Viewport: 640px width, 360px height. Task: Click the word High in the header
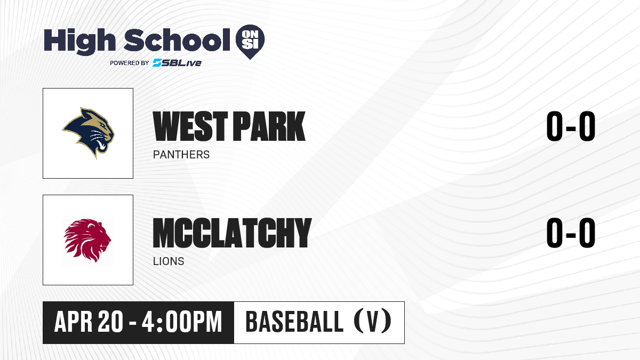point(79,41)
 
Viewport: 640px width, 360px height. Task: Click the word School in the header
point(177,41)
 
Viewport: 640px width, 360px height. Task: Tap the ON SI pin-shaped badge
point(250,42)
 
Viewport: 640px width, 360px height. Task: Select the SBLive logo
point(177,62)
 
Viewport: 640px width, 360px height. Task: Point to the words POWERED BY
point(130,63)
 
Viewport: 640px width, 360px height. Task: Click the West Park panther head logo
point(89,133)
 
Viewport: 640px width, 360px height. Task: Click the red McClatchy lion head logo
point(87,240)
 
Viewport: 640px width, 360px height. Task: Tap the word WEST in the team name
point(190,126)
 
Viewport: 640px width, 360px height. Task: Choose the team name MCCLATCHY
point(232,233)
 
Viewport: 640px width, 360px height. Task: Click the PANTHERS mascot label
point(181,155)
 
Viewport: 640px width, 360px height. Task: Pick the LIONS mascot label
point(169,261)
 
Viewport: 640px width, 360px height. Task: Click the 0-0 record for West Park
point(571,126)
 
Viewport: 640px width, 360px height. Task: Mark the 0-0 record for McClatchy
point(571,233)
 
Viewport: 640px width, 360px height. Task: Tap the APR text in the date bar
point(74,322)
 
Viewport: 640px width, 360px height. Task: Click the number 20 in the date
point(110,322)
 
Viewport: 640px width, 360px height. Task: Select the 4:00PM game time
point(182,322)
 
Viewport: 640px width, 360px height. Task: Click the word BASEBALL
point(294,322)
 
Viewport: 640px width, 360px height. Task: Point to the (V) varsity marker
point(373,321)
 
